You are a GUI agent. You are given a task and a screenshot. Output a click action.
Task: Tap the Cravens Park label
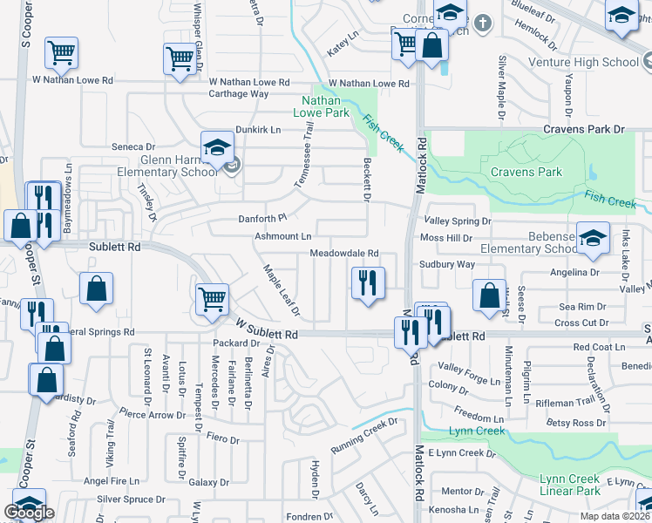tap(526, 172)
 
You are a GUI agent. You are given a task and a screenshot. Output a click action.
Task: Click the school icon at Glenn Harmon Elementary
tap(217, 148)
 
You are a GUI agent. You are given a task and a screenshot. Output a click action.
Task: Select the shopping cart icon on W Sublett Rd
tap(213, 300)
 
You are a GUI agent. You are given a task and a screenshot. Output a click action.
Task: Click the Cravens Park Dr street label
tap(584, 129)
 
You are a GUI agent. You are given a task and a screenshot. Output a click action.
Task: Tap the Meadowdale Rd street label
tap(344, 254)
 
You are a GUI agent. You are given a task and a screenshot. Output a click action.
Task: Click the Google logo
tap(30, 513)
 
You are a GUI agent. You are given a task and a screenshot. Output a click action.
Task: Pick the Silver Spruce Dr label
tap(131, 499)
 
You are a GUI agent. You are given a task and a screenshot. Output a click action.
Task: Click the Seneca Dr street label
tap(132, 147)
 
